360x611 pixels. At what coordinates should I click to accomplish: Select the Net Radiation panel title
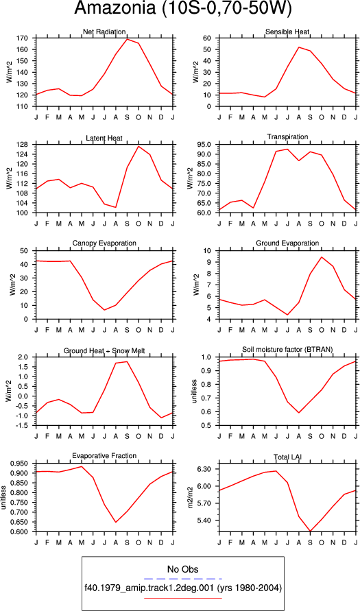click(x=104, y=32)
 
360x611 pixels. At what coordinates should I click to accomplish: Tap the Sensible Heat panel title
click(x=287, y=32)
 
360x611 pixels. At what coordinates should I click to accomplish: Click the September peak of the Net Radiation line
click(x=127, y=39)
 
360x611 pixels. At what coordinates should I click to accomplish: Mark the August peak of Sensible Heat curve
click(x=299, y=47)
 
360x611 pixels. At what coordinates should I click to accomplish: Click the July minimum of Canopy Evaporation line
click(x=104, y=310)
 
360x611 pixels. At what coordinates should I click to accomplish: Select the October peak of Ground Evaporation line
click(x=322, y=256)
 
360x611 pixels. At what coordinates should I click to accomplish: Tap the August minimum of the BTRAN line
click(x=299, y=413)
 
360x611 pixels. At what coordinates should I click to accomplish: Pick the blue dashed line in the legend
click(x=182, y=578)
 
